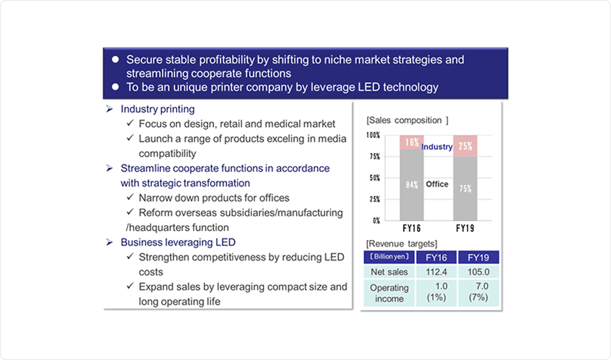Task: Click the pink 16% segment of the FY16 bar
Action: click(412, 142)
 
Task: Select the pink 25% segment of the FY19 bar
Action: click(465, 146)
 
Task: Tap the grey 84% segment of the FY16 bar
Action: click(412, 185)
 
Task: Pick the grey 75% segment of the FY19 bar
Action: click(465, 189)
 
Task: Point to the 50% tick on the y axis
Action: click(375, 178)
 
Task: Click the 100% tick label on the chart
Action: click(373, 135)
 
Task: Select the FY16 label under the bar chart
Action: click(411, 228)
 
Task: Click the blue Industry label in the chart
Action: click(437, 147)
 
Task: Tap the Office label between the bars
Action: click(437, 184)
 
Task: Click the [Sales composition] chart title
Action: click(407, 120)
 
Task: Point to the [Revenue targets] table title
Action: click(402, 244)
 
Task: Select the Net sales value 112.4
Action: click(436, 272)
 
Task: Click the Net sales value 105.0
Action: click(478, 272)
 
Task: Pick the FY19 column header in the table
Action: click(478, 257)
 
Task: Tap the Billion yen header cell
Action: click(389, 257)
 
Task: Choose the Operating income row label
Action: click(389, 293)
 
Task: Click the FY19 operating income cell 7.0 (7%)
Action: click(478, 292)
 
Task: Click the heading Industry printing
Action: click(158, 109)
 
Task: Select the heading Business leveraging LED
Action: click(178, 242)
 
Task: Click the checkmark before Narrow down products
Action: click(130, 197)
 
